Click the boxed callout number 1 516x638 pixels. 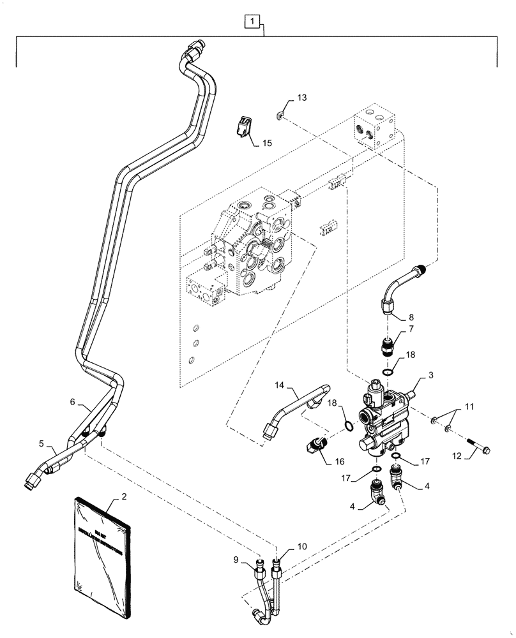click(254, 24)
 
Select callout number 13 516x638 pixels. click(301, 98)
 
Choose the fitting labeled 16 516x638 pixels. click(315, 444)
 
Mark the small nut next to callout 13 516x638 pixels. click(280, 115)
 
